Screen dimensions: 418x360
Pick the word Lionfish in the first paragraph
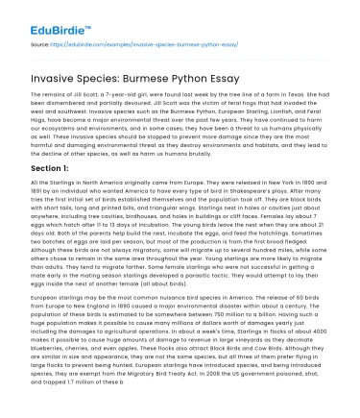pyautogui.click(x=250, y=119)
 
